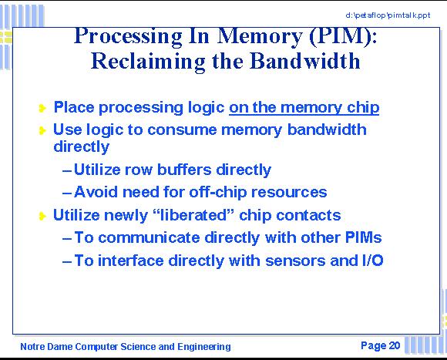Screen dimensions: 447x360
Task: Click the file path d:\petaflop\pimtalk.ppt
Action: [x=388, y=15]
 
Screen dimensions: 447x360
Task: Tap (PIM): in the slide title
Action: [x=343, y=36]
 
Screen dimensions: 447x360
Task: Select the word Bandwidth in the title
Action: [x=305, y=61]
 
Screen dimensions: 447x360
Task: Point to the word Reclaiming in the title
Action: [x=148, y=62]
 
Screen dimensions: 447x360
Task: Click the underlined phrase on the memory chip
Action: [x=304, y=108]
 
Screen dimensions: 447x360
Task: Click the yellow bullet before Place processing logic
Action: [x=42, y=108]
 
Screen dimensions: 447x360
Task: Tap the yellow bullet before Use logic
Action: [x=42, y=130]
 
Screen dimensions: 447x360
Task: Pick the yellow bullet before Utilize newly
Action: [x=42, y=216]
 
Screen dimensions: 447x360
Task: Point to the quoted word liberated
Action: [x=193, y=215]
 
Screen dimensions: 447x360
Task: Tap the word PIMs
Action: [x=363, y=237]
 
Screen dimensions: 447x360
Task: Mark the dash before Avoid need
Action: [x=67, y=193]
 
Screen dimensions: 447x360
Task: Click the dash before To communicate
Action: [x=67, y=238]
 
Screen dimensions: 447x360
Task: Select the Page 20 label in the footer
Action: [x=380, y=346]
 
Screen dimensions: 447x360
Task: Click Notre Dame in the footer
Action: [x=47, y=347]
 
